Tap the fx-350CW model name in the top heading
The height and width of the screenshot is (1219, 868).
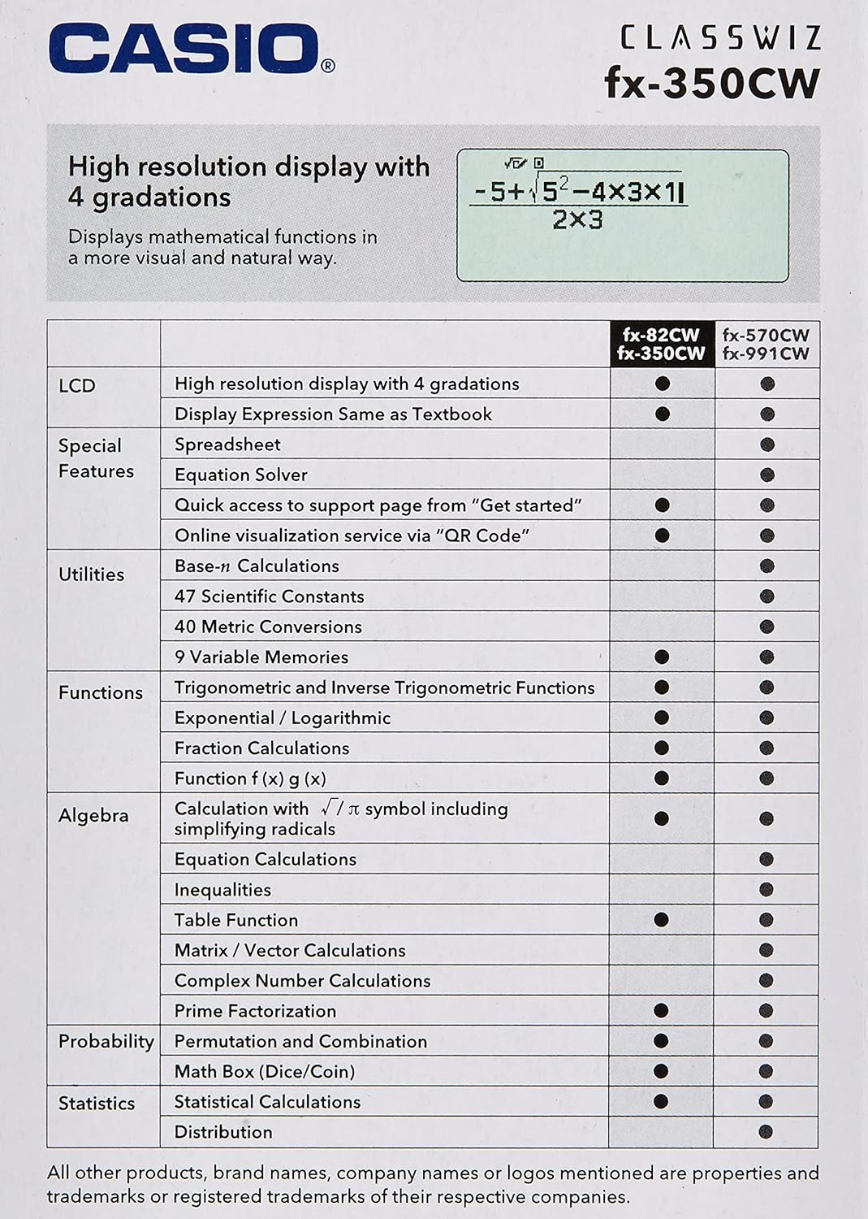coord(712,84)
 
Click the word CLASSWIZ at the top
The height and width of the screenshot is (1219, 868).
coord(720,37)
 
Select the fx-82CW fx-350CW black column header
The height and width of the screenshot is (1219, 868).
coord(661,344)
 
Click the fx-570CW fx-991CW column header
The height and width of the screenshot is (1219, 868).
coord(766,344)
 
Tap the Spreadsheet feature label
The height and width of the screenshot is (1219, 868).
coord(227,445)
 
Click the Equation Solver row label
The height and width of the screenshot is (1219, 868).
coord(241,475)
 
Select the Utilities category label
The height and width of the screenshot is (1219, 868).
coord(91,575)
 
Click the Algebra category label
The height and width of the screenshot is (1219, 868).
coord(93,815)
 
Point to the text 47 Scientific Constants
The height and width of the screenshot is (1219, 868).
coord(269,596)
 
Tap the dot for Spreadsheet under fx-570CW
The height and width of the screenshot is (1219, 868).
coord(767,445)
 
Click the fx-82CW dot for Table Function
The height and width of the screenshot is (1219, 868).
coord(661,920)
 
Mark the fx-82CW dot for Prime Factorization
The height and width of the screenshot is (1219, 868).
coord(661,1011)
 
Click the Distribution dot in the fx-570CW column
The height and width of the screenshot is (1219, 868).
coord(766,1132)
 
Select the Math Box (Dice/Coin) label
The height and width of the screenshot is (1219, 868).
coord(265,1071)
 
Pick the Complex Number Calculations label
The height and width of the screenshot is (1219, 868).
coord(302,981)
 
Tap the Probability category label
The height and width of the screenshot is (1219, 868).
coord(106,1041)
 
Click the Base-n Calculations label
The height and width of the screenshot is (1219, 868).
coord(257,566)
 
